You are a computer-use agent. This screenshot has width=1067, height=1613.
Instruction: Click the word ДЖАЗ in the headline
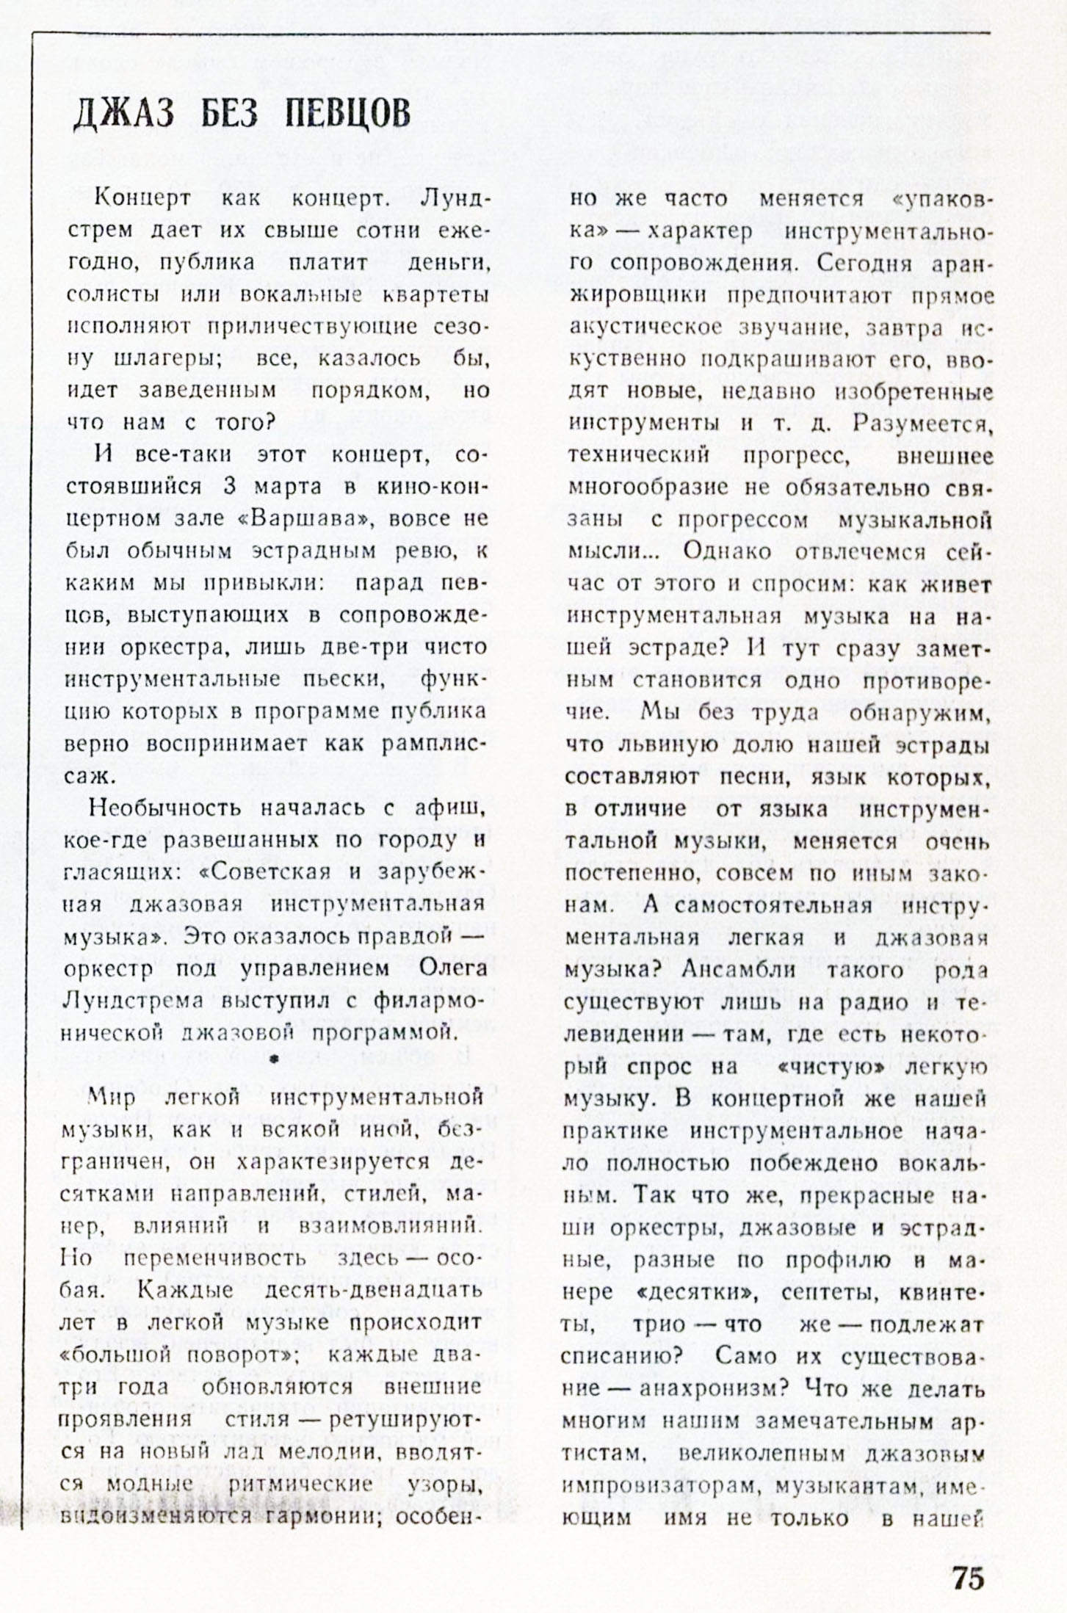(123, 115)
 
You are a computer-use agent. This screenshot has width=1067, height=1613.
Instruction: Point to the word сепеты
(831, 1292)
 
